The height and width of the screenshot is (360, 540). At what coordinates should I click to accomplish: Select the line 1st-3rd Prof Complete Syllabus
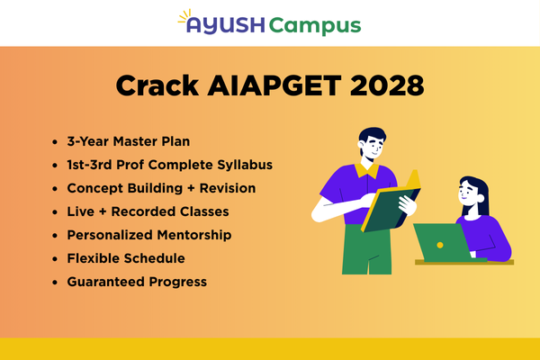click(169, 166)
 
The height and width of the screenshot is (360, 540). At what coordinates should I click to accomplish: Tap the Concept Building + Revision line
click(161, 188)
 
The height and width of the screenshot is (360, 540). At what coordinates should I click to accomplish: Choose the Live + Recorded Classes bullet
click(148, 211)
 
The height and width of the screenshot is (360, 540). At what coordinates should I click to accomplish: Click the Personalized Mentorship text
click(149, 235)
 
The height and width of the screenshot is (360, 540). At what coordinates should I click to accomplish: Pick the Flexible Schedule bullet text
click(126, 258)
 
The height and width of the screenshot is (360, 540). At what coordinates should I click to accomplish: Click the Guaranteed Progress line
click(137, 282)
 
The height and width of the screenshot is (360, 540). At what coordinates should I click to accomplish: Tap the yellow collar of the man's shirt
click(364, 168)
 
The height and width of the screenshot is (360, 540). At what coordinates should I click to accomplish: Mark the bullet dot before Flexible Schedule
click(57, 258)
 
